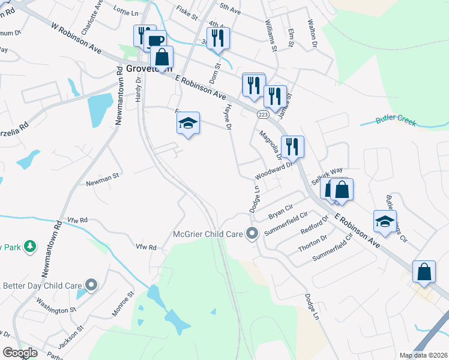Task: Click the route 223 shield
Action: coord(262,114)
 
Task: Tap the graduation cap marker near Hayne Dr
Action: coord(188,124)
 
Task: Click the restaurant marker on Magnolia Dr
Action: coord(292,146)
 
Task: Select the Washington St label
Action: coord(56,307)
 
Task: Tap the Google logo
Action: coord(20,353)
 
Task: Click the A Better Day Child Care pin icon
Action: coord(91,285)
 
